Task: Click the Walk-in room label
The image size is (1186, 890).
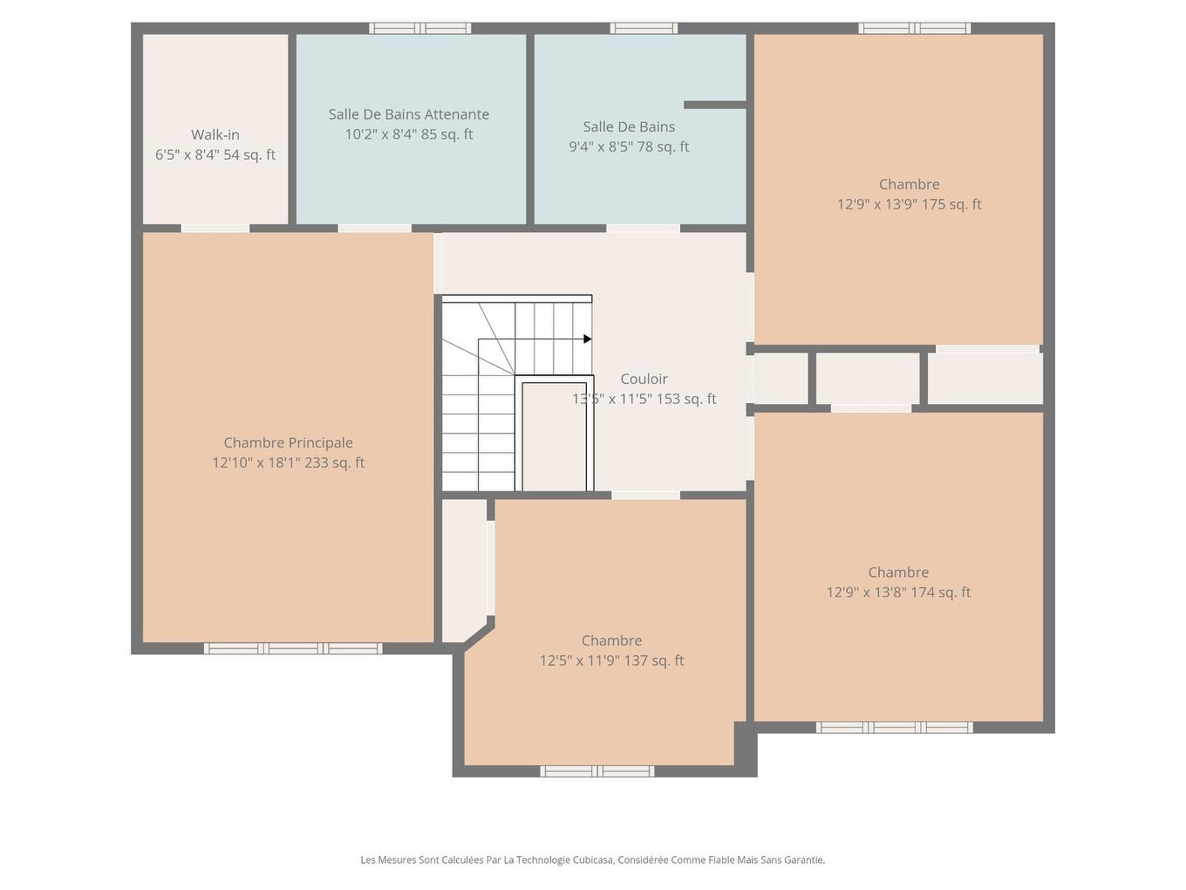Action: (x=215, y=134)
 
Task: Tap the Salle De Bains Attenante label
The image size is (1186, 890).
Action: (x=408, y=114)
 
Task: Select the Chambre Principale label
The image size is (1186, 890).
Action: (x=288, y=442)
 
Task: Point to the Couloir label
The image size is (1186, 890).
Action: (x=644, y=379)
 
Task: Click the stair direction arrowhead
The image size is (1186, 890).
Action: (x=588, y=339)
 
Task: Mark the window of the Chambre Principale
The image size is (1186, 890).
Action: (x=293, y=648)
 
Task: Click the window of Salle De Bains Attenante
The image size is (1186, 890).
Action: (x=419, y=28)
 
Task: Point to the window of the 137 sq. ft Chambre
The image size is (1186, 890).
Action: (x=596, y=770)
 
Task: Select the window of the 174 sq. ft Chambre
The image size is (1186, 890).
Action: (x=894, y=727)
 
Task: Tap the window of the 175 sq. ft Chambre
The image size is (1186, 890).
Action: (x=914, y=28)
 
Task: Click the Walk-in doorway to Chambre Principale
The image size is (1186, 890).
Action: (x=215, y=229)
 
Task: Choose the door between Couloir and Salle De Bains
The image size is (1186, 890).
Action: (x=643, y=229)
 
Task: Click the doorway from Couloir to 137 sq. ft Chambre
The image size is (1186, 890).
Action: (x=645, y=495)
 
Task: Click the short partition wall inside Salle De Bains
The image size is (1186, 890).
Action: (x=714, y=105)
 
